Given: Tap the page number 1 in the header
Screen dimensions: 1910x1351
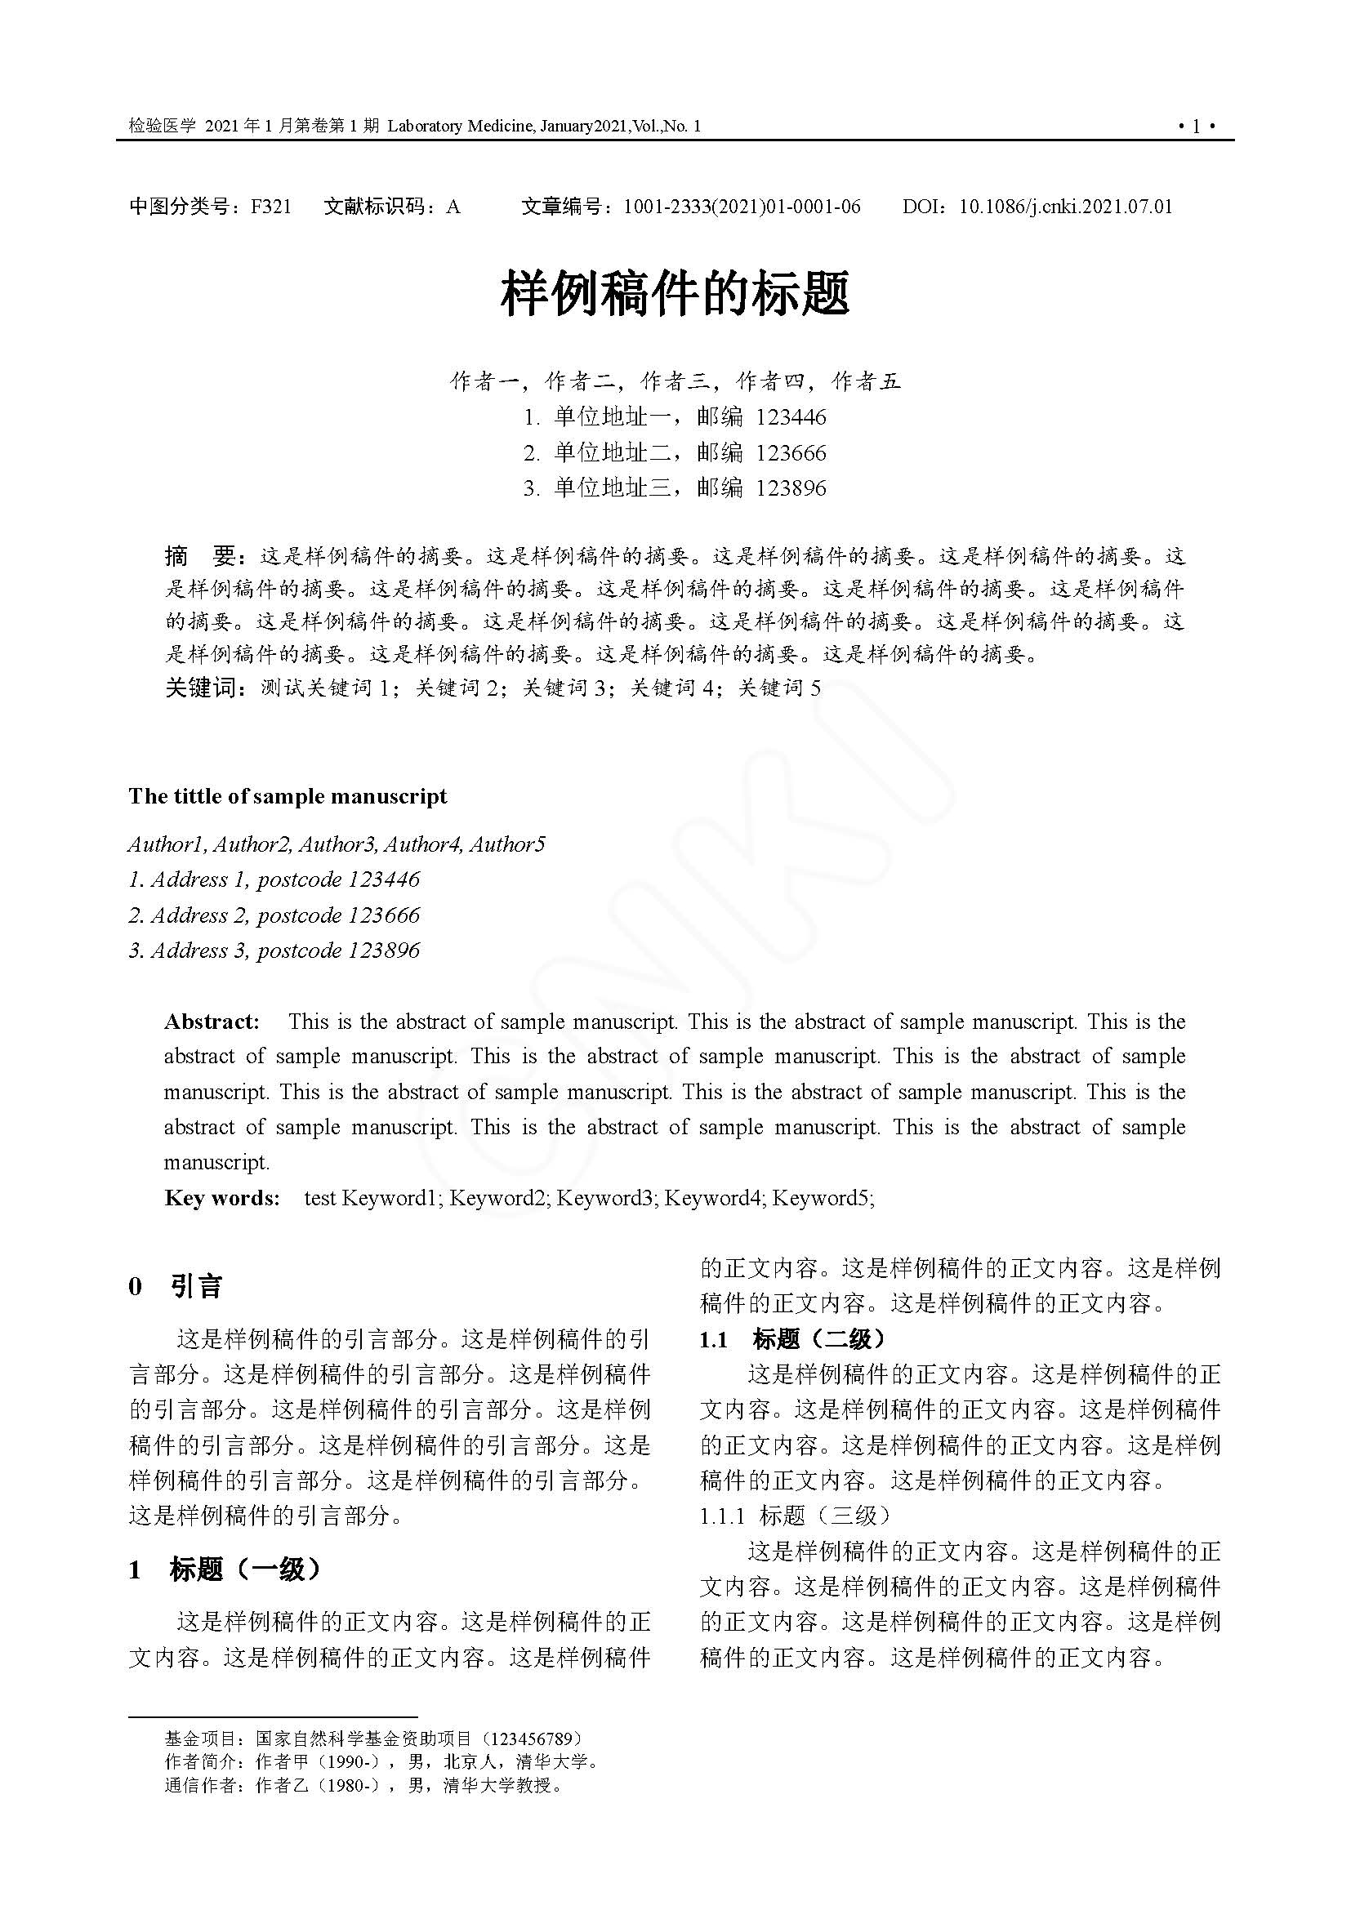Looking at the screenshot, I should click(1197, 127).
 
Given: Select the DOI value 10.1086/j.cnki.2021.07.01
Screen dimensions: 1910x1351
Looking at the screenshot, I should click(1066, 207).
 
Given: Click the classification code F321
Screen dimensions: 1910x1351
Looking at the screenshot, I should click(271, 207).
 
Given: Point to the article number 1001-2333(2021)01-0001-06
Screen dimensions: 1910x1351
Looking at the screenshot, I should click(741, 207).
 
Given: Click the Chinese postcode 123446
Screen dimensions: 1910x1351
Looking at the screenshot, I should click(791, 416).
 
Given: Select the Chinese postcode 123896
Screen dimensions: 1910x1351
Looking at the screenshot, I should click(791, 488).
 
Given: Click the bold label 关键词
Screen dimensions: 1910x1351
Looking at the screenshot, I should click(201, 688).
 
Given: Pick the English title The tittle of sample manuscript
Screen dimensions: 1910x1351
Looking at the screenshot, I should click(287, 796).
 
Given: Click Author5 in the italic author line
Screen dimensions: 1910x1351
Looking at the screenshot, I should click(507, 844).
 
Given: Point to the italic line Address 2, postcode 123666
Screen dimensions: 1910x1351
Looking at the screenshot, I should click(274, 915).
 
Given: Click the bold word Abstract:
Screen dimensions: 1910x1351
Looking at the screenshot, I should click(212, 1022).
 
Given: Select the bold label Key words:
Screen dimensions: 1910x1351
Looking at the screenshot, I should click(222, 1198).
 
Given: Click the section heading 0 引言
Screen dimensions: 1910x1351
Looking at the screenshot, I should click(176, 1287).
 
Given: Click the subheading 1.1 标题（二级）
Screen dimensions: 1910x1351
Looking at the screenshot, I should click(793, 1338).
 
